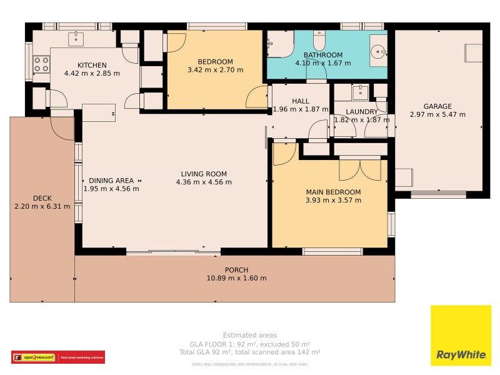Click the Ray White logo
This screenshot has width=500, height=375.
pos(461,335)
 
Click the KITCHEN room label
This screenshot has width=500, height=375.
pos(92,65)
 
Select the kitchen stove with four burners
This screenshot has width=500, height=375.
pos(41,64)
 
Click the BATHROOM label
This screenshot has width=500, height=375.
pos(322,54)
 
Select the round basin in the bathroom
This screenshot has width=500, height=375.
pos(378,51)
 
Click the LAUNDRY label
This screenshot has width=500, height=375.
pos(362,112)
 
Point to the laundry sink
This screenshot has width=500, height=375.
pos(360,93)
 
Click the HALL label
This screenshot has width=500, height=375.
pos(300,101)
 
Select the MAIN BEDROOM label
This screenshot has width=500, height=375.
pos(333,192)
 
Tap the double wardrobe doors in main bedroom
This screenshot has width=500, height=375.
pos(359,169)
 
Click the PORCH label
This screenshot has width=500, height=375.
pos(236,270)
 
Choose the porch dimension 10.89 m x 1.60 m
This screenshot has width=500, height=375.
pos(236,279)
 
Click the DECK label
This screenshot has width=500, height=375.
pos(42,198)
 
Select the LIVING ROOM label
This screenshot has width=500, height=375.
pos(204,174)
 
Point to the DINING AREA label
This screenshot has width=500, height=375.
pos(111,180)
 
